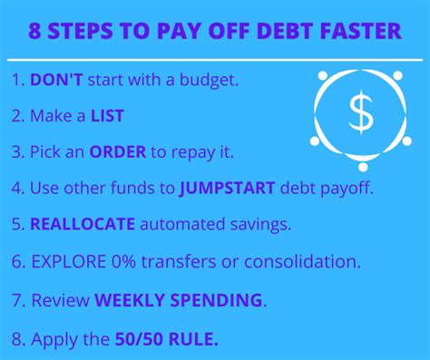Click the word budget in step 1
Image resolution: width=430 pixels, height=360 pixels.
[x=208, y=80]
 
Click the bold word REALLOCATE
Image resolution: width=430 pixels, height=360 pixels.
[x=83, y=225]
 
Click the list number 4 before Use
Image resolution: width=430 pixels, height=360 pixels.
[x=16, y=189]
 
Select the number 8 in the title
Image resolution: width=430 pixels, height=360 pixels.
[x=35, y=33]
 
